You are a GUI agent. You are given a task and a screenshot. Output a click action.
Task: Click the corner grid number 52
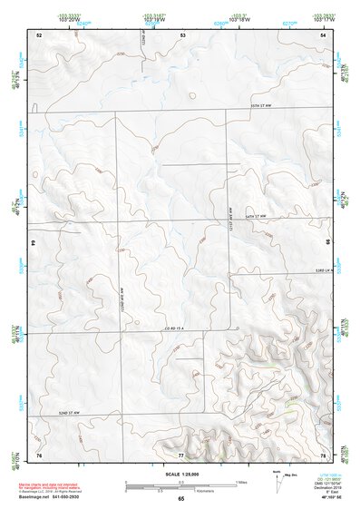click(39, 34)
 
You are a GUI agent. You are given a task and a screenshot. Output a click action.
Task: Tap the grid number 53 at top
click(182, 34)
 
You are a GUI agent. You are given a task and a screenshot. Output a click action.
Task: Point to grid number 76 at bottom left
click(39, 453)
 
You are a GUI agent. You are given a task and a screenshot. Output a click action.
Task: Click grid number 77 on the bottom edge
click(180, 453)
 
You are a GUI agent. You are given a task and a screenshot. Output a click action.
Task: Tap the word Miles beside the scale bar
click(240, 482)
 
